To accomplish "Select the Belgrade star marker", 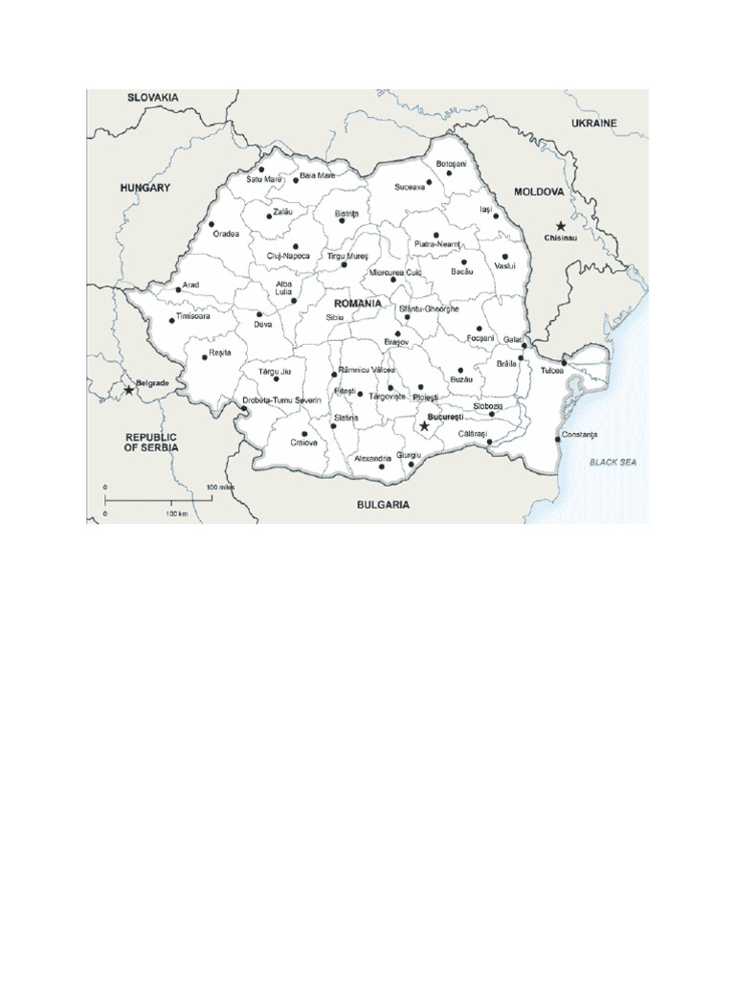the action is point(129,390).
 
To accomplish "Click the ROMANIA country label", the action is point(357,303).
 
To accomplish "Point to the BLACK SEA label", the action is point(612,462).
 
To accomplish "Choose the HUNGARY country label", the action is point(145,188).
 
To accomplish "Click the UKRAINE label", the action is point(594,123).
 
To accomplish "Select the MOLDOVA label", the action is point(539,192).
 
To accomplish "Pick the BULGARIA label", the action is point(384,504).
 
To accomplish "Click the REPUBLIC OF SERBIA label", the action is point(151,442).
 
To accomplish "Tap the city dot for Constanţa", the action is point(558,439).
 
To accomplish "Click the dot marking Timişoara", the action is point(172,320).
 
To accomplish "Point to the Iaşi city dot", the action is point(496,217).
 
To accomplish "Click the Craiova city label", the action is point(304,443).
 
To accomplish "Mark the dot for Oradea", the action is point(211,224).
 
